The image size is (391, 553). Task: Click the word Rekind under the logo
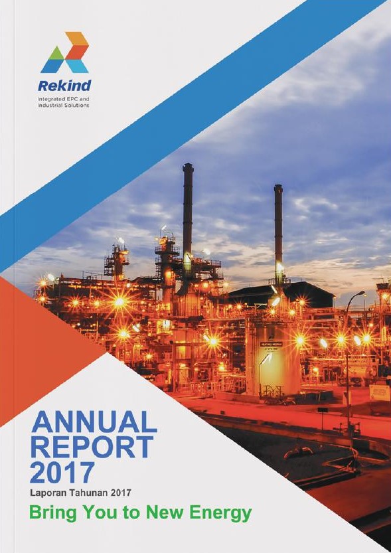point(64,86)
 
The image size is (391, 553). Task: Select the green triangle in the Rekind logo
point(56,53)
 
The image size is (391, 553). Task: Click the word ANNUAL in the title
point(94,422)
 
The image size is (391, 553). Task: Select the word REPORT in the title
point(92,447)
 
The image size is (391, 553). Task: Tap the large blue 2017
point(62,472)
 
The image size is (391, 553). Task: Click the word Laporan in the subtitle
point(44,493)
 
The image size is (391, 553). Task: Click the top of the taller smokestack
point(188,165)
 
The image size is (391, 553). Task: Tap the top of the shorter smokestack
point(279,186)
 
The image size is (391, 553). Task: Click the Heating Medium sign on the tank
point(271,345)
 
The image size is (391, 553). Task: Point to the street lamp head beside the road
point(361,293)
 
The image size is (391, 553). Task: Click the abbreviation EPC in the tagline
point(72,99)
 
